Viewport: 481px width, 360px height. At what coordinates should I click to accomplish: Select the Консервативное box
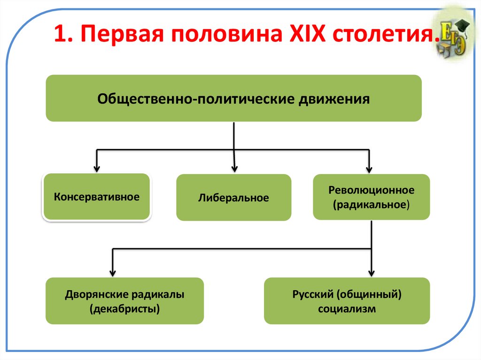(x=96, y=196)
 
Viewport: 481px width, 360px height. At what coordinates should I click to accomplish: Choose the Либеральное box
(x=233, y=198)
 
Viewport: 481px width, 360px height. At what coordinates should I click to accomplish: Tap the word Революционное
(x=371, y=190)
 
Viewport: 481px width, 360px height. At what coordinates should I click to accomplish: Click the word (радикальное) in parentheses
(x=371, y=205)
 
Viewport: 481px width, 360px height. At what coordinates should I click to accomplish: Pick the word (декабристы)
(x=124, y=309)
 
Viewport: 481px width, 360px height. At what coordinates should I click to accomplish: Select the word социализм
(x=347, y=309)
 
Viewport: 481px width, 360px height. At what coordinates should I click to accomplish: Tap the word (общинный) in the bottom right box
(x=369, y=295)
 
